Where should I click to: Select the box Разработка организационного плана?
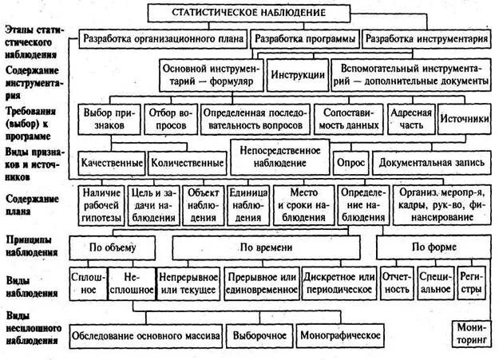(x=163, y=38)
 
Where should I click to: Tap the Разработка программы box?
(x=304, y=38)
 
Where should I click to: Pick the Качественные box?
(x=112, y=162)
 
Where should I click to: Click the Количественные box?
(x=186, y=162)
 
